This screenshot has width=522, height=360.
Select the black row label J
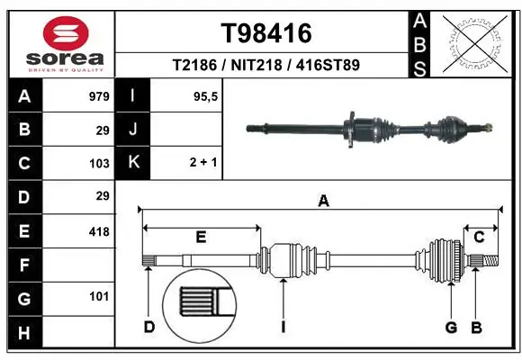(x=133, y=130)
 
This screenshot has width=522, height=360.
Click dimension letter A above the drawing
(x=323, y=202)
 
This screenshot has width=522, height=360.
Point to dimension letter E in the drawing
(x=201, y=238)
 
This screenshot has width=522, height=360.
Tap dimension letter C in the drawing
(x=480, y=237)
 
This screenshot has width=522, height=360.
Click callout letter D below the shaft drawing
(x=149, y=326)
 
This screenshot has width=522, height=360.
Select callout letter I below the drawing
(x=283, y=326)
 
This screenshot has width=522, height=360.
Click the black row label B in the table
(x=24, y=130)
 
